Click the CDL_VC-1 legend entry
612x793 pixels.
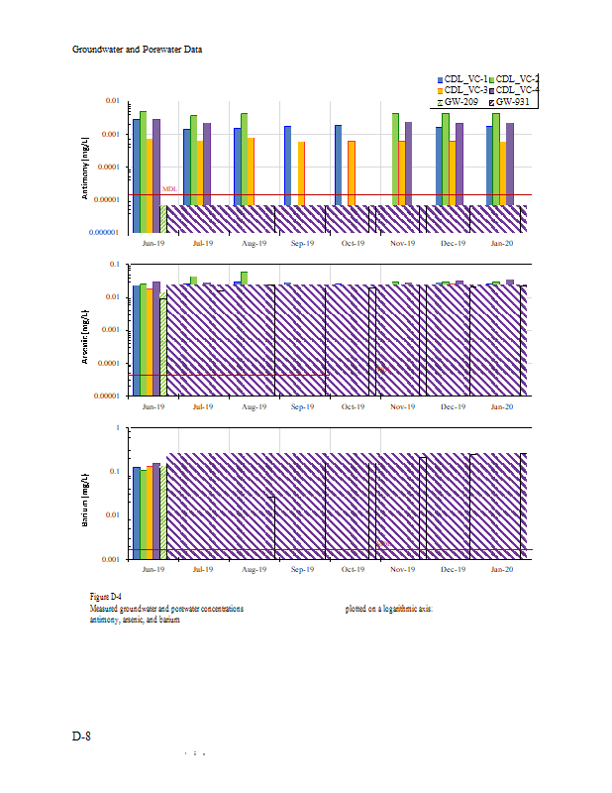(463, 78)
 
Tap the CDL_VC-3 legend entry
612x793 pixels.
(463, 90)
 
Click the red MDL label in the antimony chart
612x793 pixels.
(170, 188)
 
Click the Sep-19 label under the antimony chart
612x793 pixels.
(302, 243)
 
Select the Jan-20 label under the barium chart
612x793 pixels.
(502, 570)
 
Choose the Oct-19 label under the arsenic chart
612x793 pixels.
(353, 406)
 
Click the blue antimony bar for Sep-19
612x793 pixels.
(288, 166)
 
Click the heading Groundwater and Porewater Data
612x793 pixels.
(138, 49)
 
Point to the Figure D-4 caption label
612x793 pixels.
(105, 596)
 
